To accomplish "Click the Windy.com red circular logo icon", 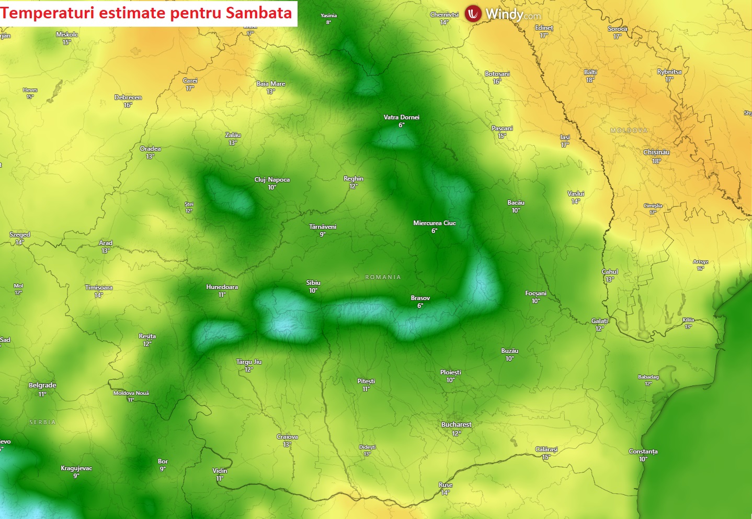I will click(473, 14).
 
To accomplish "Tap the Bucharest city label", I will click(456, 425).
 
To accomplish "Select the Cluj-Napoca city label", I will click(272, 180).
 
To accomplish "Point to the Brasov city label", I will click(420, 298).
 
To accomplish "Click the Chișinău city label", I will click(656, 152).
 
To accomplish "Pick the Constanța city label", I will click(643, 451).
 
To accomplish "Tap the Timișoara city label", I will click(99, 288).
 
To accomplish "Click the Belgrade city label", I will click(42, 385).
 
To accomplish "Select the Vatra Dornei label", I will click(402, 117).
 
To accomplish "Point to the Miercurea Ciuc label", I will click(435, 223).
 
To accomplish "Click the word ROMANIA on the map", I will click(383, 277).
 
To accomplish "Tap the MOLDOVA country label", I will click(629, 130).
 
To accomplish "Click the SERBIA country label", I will click(42, 422).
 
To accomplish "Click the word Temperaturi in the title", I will click(49, 13).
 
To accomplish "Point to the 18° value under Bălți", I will click(590, 80).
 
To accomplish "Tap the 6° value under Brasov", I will click(420, 306).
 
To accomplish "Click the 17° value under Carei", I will click(189, 89).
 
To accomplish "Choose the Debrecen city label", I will click(128, 97).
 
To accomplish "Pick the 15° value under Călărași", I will click(546, 457).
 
